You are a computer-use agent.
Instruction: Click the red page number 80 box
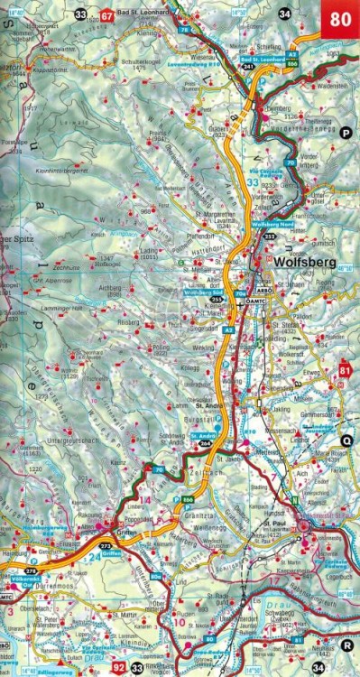pyautogui.click(x=342, y=16)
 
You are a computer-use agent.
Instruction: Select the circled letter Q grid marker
pyautogui.click(x=346, y=441)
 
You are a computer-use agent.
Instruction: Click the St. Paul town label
pyautogui.click(x=274, y=522)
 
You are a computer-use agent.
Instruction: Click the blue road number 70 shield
pyautogui.click(x=159, y=470)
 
